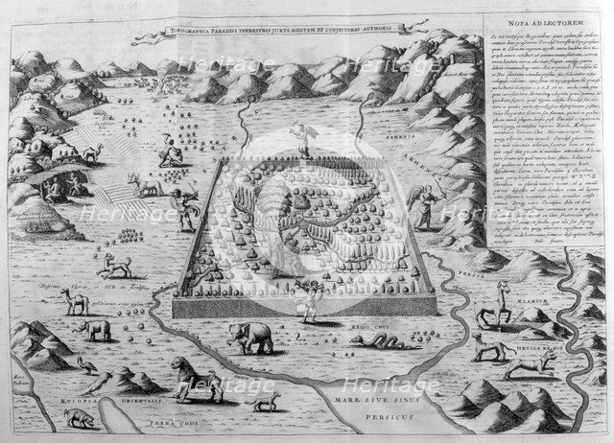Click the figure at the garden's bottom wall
tap(311, 298)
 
